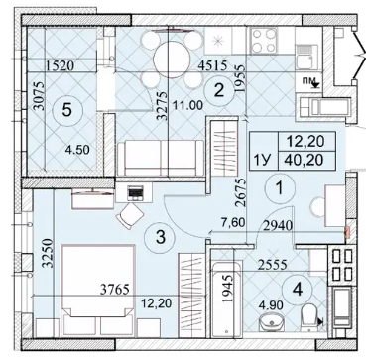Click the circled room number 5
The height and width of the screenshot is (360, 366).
pyautogui.click(x=66, y=110)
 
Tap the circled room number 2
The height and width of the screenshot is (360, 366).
pyautogui.click(x=218, y=90)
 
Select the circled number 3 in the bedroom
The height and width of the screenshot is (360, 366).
pyautogui.click(x=160, y=237)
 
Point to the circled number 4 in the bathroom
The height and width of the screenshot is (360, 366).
pyautogui.click(x=298, y=290)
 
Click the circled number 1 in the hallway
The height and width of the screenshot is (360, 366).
pyautogui.click(x=280, y=188)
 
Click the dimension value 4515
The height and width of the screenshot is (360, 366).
pyautogui.click(x=212, y=65)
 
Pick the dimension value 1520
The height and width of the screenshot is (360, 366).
pyautogui.click(x=60, y=66)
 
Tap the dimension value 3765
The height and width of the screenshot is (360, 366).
pyautogui.click(x=114, y=290)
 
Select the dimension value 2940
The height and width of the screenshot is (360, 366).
pyautogui.click(x=278, y=226)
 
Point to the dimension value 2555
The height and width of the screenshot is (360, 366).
pyautogui.click(x=271, y=265)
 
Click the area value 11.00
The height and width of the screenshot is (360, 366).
pyautogui.click(x=187, y=106)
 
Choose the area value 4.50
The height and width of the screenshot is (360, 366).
pyautogui.click(x=77, y=151)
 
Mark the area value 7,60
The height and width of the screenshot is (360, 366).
pyautogui.click(x=233, y=222)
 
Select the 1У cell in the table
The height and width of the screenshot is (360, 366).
pyautogui.click(x=263, y=161)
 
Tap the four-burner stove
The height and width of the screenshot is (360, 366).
pyautogui.click(x=264, y=40)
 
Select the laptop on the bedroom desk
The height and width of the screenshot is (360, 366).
pyautogui.click(x=135, y=193)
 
